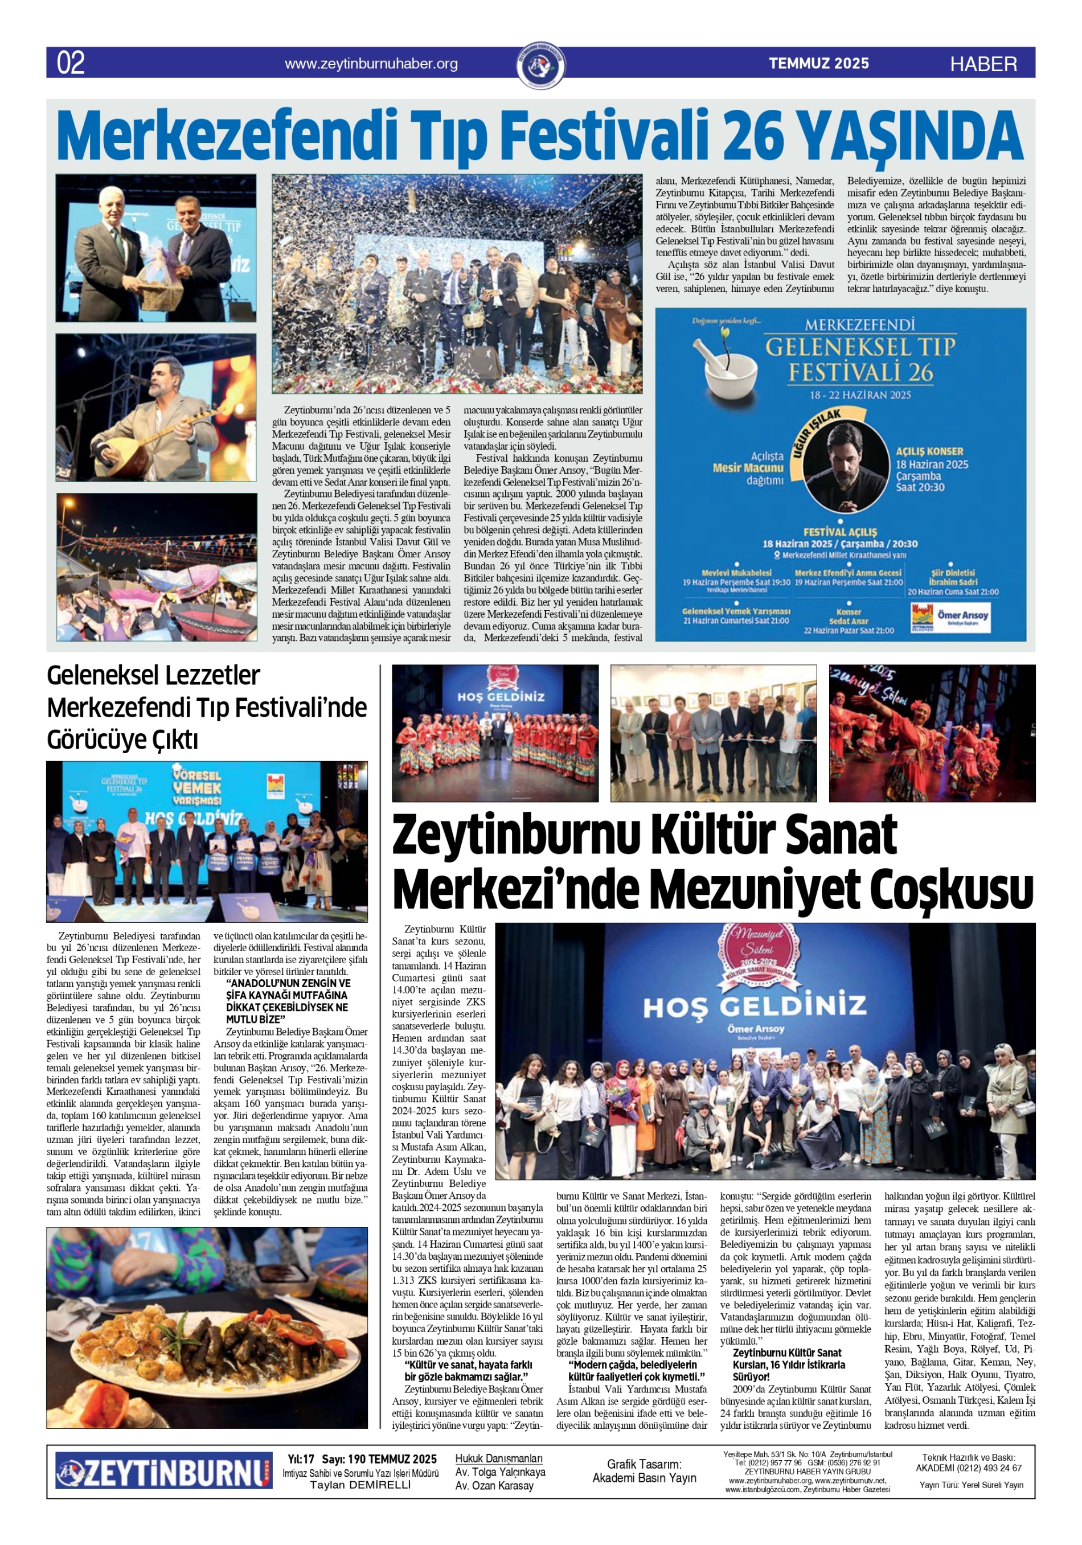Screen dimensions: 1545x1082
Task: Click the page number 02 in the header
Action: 71,63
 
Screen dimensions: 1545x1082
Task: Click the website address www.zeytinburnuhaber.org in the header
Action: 371,64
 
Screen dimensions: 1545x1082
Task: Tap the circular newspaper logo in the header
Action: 542,65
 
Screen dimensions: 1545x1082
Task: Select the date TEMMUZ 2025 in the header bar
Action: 819,63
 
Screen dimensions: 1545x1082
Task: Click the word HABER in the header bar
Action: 983,64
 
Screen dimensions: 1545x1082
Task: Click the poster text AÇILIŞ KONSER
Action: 929,451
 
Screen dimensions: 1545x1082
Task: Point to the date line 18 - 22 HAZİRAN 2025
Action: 860,395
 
